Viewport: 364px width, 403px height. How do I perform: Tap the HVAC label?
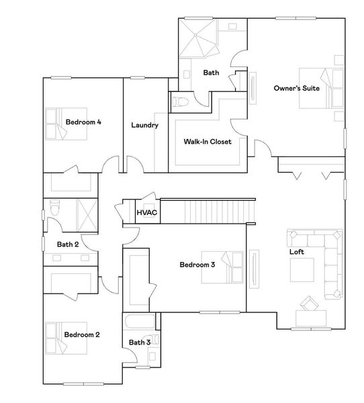pos(146,213)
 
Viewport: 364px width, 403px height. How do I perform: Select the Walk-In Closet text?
pos(208,142)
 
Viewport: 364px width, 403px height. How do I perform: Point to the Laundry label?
pos(144,125)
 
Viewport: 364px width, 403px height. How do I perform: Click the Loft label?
pos(297,253)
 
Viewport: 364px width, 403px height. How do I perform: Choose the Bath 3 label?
pos(139,343)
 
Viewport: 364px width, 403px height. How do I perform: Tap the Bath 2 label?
pos(68,244)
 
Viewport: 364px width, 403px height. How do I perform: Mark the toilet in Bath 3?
pos(154,340)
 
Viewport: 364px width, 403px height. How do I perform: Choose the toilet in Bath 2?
pos(55,209)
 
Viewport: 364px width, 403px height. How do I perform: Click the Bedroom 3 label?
pos(197,265)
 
